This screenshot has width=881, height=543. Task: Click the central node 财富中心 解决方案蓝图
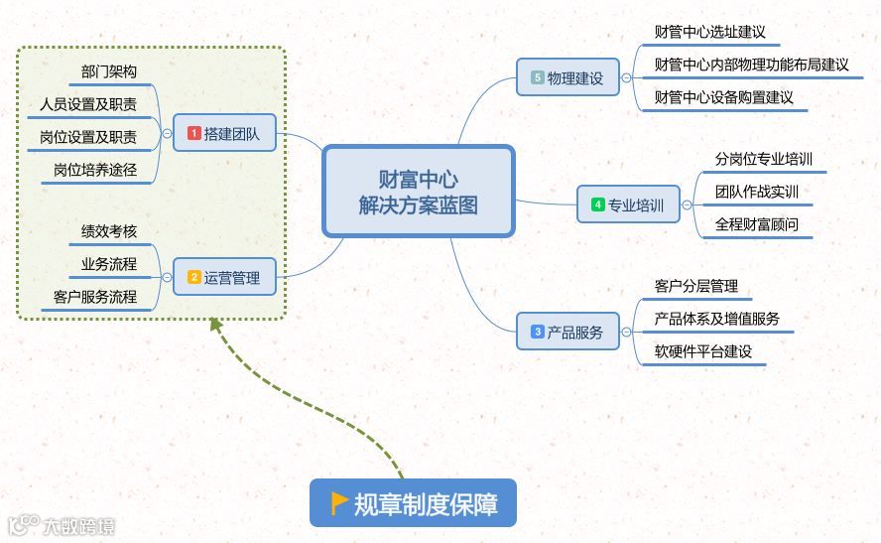point(418,192)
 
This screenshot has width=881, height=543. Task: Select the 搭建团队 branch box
point(224,133)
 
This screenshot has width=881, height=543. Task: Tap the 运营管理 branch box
point(224,278)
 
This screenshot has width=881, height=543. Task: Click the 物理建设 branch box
point(567,77)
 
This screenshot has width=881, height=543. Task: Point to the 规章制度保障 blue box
point(414,503)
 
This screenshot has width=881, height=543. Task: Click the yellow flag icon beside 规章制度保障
point(338,502)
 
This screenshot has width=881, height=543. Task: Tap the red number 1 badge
point(194,133)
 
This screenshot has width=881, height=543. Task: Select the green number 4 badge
point(598,205)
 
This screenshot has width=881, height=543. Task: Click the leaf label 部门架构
point(109,72)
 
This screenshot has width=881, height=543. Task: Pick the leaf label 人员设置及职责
point(88,104)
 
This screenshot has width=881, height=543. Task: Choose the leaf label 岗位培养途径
point(95,170)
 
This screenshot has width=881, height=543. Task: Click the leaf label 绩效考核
point(109,232)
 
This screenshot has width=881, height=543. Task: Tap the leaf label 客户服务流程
point(95,297)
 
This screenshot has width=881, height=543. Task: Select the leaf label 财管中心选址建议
point(710,32)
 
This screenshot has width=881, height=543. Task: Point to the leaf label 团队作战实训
point(757,192)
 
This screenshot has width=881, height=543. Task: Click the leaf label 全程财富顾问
point(757,224)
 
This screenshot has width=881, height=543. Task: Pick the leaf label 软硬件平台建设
point(703,351)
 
